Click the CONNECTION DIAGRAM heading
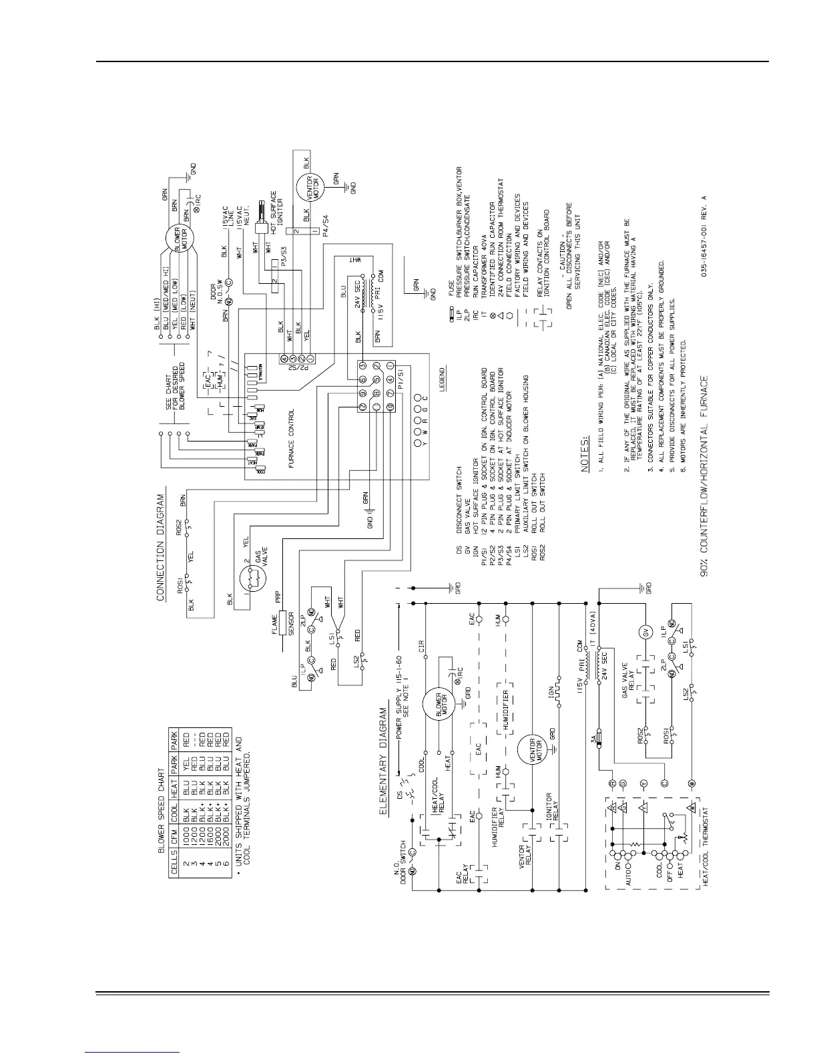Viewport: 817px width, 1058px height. pos(161,548)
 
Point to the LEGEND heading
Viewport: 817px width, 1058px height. pos(441,378)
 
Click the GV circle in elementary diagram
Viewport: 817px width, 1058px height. pos(645,633)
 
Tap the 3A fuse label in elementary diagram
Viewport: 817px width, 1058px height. pos(591,739)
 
